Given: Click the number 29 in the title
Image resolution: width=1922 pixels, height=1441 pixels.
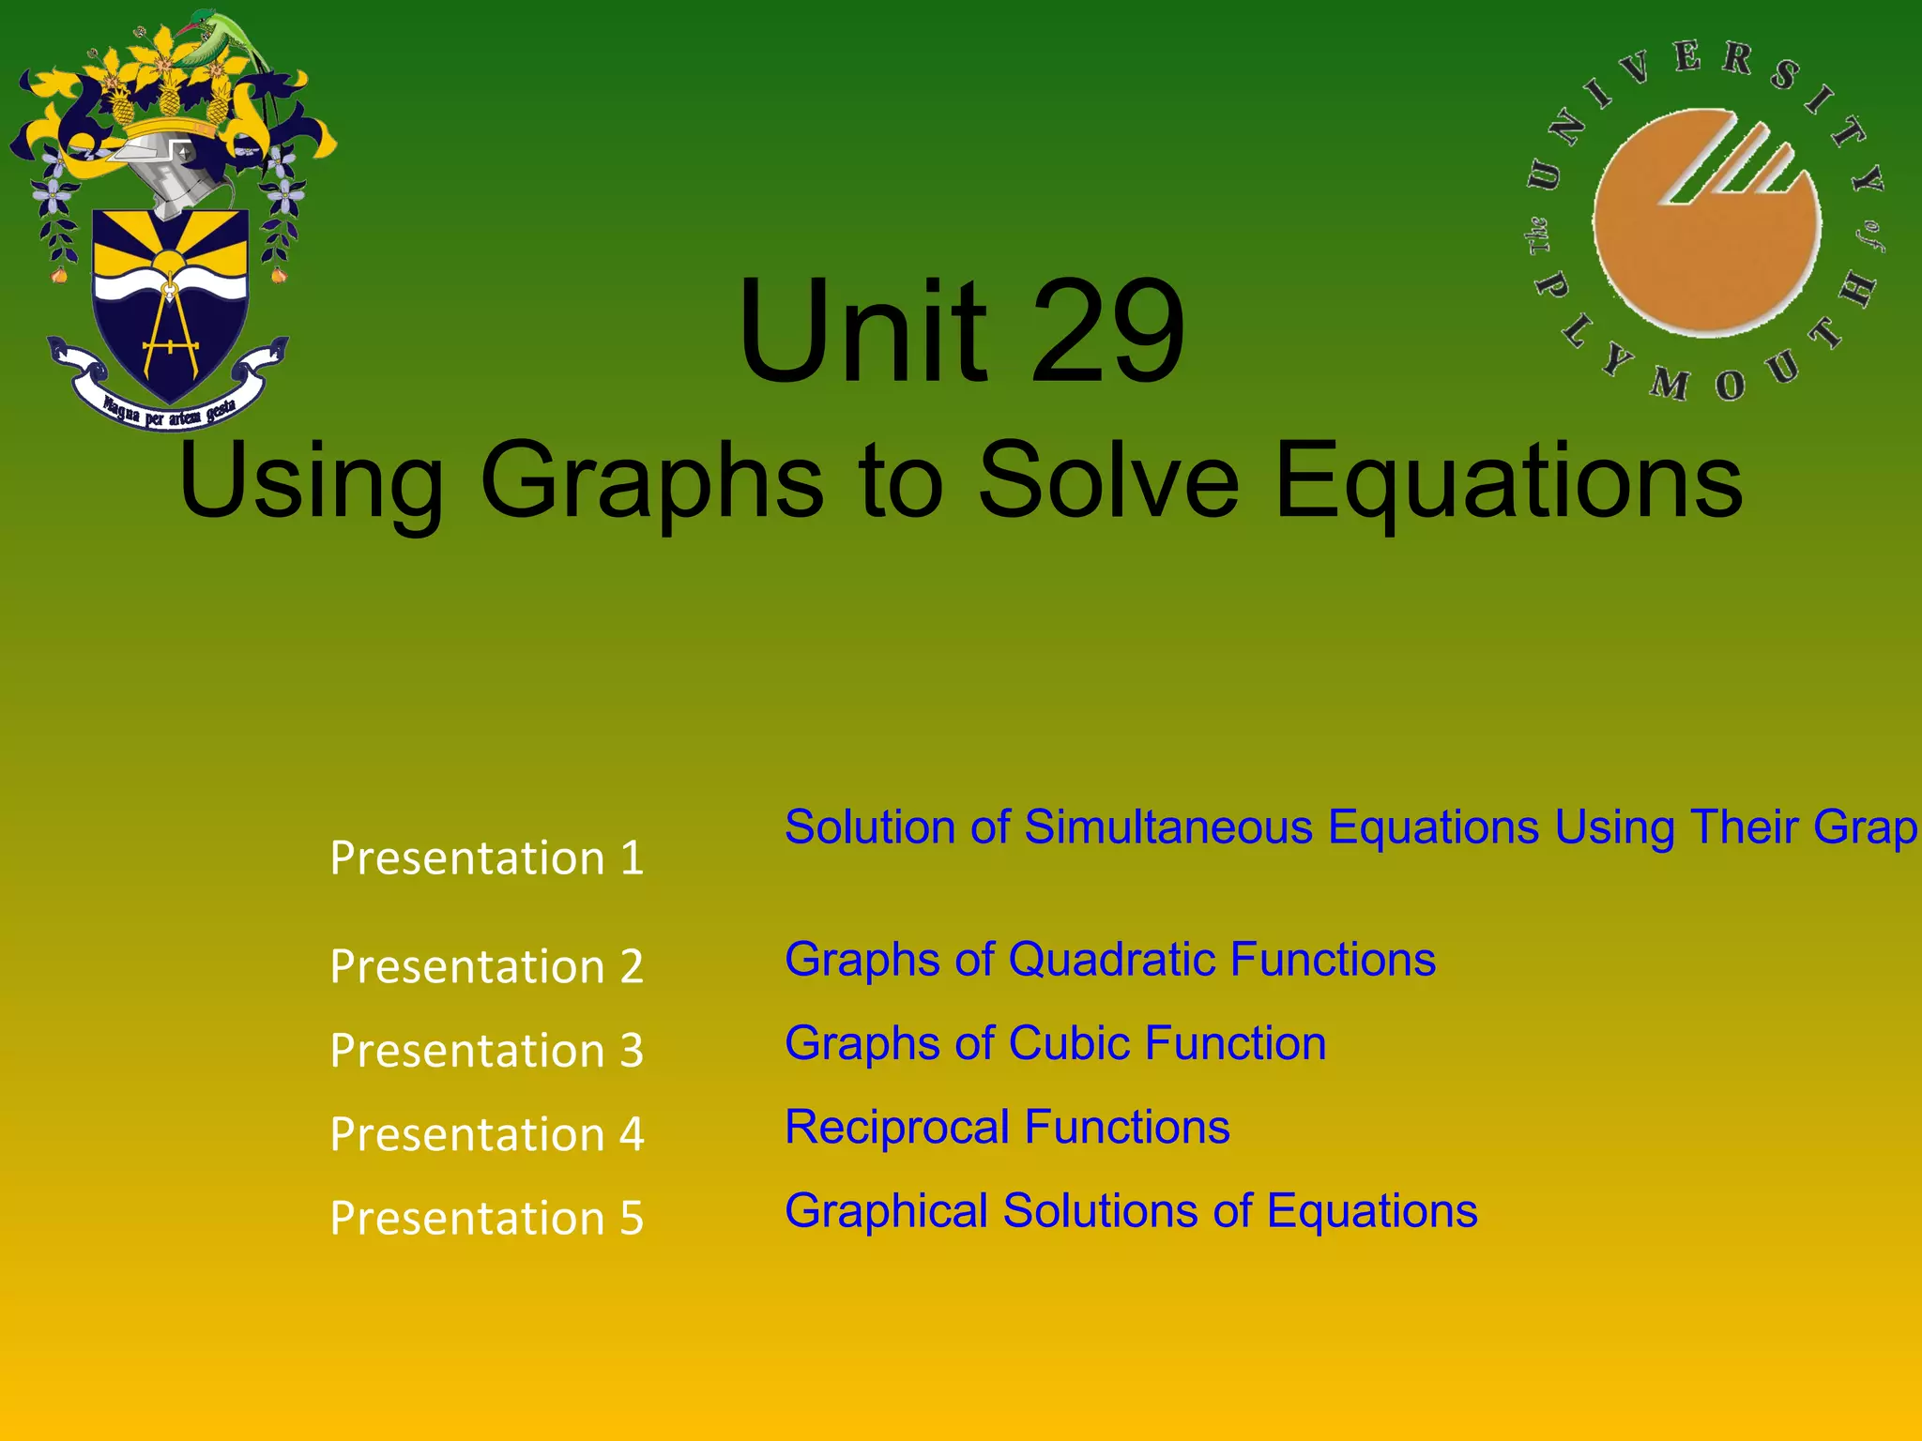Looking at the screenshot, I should [x=1107, y=333].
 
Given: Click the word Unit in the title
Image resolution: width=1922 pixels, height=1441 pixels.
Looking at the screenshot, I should [x=863, y=333].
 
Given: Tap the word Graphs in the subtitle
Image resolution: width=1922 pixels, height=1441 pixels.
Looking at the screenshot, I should [x=651, y=481].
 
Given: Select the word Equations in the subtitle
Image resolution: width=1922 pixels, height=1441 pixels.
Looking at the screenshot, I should [x=1508, y=481].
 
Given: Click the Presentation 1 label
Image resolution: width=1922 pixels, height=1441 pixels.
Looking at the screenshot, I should [x=486, y=858].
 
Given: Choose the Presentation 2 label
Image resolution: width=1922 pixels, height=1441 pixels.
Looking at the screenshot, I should [x=486, y=967].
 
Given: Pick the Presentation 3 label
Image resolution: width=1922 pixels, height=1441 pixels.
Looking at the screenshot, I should [x=486, y=1051].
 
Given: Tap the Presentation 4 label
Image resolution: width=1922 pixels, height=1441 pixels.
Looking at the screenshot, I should [x=486, y=1135].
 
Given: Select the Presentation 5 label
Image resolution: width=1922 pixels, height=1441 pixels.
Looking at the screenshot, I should [x=486, y=1219].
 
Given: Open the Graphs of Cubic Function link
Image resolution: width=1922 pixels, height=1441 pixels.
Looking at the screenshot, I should [x=1055, y=1044].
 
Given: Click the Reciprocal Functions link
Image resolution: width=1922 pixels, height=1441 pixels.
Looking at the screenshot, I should [x=1006, y=1128].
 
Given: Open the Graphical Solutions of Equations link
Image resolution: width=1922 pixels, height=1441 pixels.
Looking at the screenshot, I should [x=1130, y=1211].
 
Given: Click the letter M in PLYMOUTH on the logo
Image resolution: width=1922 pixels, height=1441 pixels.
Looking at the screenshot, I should [x=1670, y=383].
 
